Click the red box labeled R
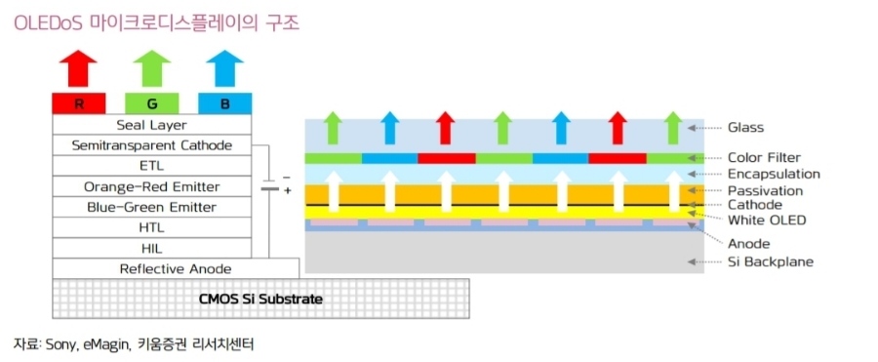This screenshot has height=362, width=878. [x=79, y=103]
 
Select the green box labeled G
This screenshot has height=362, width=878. [x=151, y=103]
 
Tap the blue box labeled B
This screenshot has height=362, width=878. [x=224, y=103]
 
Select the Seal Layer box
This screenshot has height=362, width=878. [x=151, y=125]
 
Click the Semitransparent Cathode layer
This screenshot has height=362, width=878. [x=151, y=145]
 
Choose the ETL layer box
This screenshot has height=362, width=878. [x=151, y=166]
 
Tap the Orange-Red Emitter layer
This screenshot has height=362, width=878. [x=151, y=186]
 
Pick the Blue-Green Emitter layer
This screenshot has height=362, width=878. [x=151, y=207]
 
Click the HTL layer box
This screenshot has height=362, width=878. [x=151, y=227]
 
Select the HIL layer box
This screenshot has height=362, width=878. [x=151, y=248]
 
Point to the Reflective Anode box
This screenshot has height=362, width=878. [x=176, y=268]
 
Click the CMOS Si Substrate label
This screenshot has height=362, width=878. [x=261, y=298]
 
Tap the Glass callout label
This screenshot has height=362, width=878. [x=745, y=127]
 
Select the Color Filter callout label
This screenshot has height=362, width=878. [x=764, y=157]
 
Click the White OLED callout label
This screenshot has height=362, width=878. [x=767, y=221]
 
